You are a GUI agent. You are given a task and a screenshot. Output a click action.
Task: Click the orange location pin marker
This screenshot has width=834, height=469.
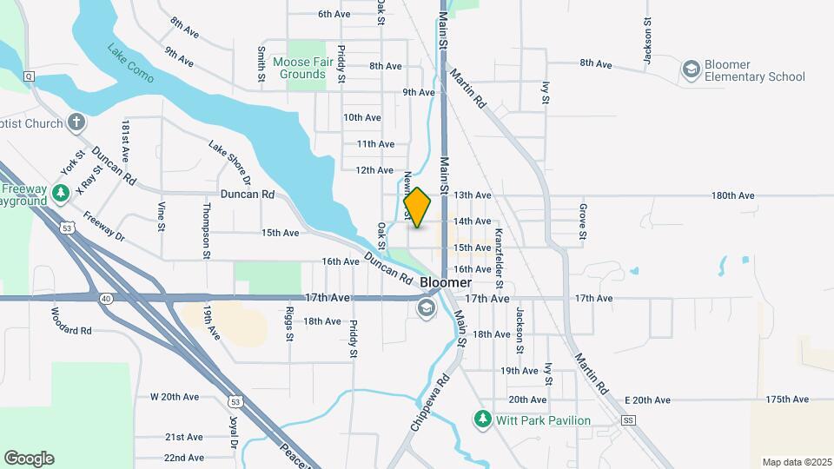[417, 208]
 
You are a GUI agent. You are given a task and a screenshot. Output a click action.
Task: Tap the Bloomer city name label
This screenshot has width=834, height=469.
[446, 283]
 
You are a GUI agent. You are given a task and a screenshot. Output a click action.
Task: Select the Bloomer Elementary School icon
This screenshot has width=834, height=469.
[692, 69]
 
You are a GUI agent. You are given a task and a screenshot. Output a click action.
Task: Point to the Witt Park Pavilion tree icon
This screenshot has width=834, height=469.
[483, 420]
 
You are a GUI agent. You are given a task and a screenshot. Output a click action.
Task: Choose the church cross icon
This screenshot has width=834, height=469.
[76, 122]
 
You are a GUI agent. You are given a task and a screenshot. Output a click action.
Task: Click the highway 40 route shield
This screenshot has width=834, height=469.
[106, 298]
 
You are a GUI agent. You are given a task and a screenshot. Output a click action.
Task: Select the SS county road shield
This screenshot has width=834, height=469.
[629, 420]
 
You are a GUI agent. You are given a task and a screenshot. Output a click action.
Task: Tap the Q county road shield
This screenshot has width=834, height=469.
[29, 76]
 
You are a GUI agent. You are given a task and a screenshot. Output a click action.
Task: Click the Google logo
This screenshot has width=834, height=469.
[29, 459]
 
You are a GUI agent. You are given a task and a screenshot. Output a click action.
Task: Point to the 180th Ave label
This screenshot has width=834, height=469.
[732, 196]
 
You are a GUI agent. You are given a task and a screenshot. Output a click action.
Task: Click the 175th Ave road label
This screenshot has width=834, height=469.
[787, 400]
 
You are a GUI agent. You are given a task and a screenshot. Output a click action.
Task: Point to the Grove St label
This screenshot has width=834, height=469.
[582, 221]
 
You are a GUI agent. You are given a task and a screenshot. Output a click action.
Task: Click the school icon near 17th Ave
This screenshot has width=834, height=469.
[426, 307]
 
